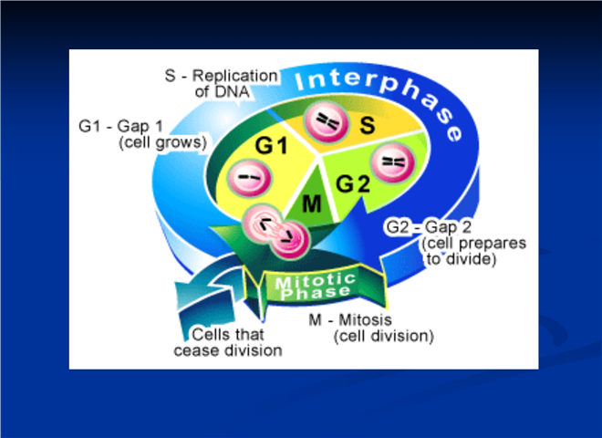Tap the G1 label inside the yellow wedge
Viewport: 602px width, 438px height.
pyautogui.click(x=272, y=146)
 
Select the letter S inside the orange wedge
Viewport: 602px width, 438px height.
pyautogui.click(x=368, y=125)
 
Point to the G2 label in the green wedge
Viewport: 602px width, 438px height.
pyautogui.click(x=353, y=183)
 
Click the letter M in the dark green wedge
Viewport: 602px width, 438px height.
pyautogui.click(x=311, y=203)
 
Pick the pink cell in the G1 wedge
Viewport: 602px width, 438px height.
pyautogui.click(x=249, y=178)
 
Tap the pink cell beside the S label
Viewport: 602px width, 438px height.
pyautogui.click(x=327, y=121)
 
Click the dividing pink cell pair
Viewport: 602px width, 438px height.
pyautogui.click(x=276, y=232)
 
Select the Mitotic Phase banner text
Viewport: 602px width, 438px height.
pyautogui.click(x=316, y=287)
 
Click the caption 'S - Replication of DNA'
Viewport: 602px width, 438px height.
pyautogui.click(x=222, y=83)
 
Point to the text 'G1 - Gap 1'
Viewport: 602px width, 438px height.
pyautogui.click(x=121, y=126)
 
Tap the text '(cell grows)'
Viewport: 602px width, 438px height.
pyautogui.click(x=162, y=142)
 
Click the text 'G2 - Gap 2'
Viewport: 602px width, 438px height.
pyautogui.click(x=429, y=226)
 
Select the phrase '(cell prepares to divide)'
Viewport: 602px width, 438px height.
pyautogui.click(x=473, y=251)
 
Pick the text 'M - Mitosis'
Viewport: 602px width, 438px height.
pyautogui.click(x=350, y=319)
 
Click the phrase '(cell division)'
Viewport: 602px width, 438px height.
pyautogui.click(x=383, y=336)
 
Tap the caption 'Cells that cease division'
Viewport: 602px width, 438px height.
pyautogui.click(x=228, y=342)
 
